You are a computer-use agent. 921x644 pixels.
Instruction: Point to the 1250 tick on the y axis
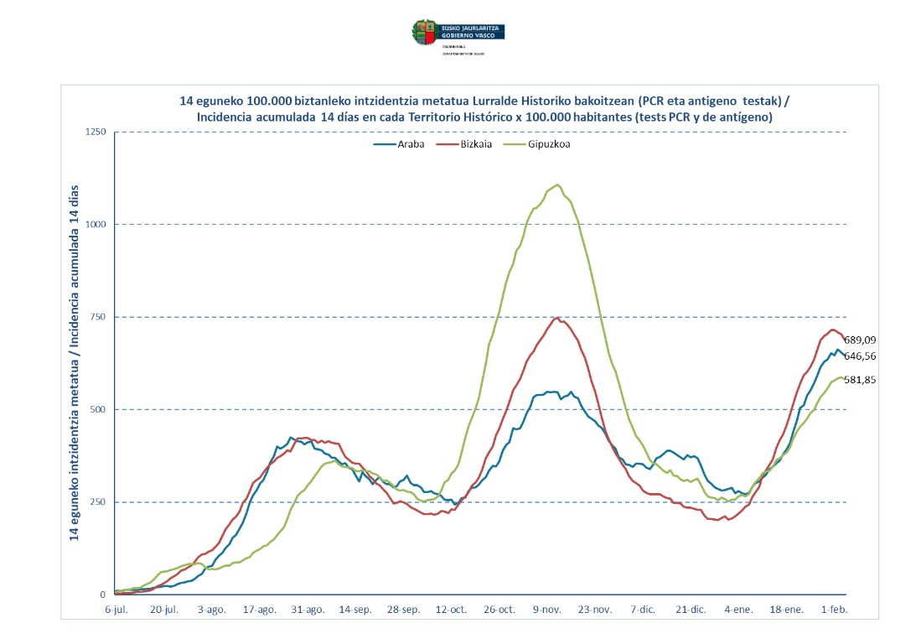point(96,132)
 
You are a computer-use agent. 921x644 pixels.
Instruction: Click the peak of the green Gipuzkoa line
point(557,184)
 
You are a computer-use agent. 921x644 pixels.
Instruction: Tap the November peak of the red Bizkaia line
point(557,318)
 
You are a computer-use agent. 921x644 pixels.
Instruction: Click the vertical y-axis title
point(75,362)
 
